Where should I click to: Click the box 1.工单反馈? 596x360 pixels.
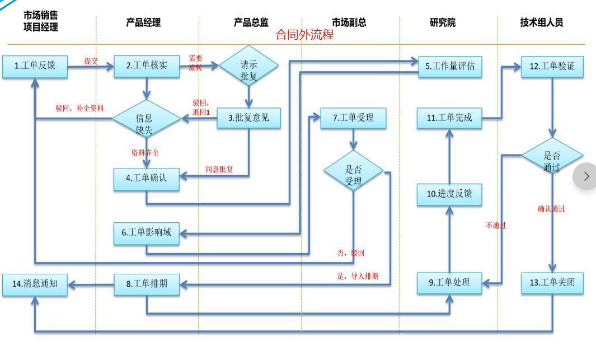click(35, 66)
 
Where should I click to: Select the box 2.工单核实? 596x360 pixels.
click(147, 66)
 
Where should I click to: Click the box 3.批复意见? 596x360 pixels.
click(248, 118)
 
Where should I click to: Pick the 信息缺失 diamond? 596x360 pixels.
click(144, 119)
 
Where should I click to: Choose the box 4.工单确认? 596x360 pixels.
click(147, 179)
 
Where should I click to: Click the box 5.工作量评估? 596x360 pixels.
click(449, 66)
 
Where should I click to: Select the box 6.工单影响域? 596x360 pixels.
click(147, 232)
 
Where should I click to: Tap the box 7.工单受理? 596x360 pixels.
click(353, 118)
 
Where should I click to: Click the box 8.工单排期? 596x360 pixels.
click(147, 284)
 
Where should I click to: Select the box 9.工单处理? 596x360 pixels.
click(449, 282)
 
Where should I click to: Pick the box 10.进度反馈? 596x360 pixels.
click(449, 194)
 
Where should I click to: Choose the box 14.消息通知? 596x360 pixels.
click(35, 284)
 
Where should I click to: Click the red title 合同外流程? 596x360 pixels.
click(305, 35)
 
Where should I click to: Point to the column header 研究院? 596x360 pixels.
click(443, 23)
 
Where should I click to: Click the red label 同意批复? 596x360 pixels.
click(219, 169)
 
